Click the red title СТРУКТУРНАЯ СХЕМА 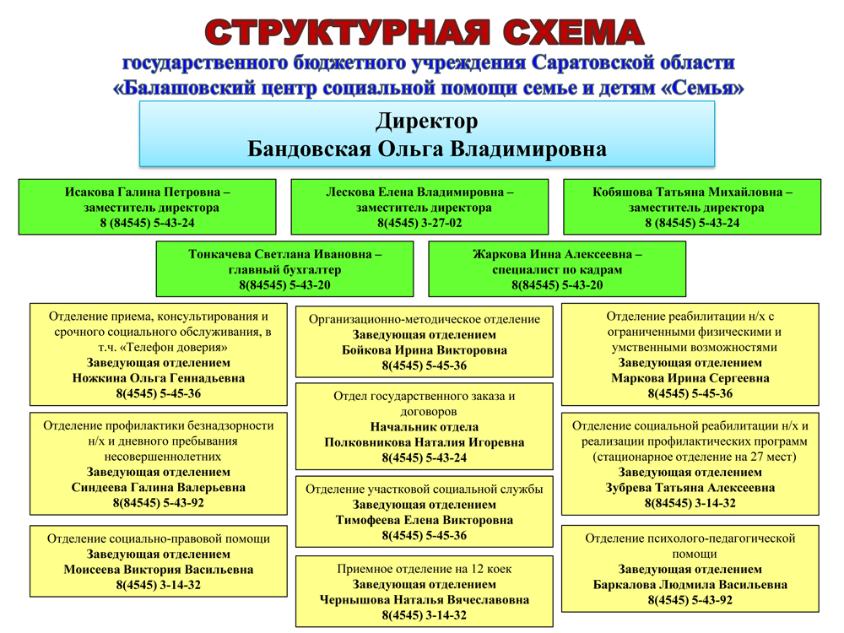(x=425, y=32)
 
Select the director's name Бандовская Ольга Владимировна (x=427, y=149)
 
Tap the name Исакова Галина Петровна (x=143, y=192)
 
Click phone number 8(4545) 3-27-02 (x=419, y=223)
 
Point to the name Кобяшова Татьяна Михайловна (x=687, y=192)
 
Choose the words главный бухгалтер (x=284, y=270)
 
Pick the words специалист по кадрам (x=557, y=270)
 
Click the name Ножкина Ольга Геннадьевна (x=159, y=378)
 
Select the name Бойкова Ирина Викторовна (x=425, y=350)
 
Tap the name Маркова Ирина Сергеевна (x=690, y=378)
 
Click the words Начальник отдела (x=425, y=427)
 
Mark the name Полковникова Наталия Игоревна (x=425, y=442)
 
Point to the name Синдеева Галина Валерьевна (x=159, y=487)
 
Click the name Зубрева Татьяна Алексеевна (x=690, y=488)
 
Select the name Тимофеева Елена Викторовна (x=425, y=520)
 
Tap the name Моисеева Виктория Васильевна (x=159, y=570)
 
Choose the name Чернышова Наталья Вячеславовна (x=425, y=599)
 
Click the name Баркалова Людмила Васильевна (x=690, y=585)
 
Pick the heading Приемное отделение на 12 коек (x=425, y=569)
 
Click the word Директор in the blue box (x=427, y=122)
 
